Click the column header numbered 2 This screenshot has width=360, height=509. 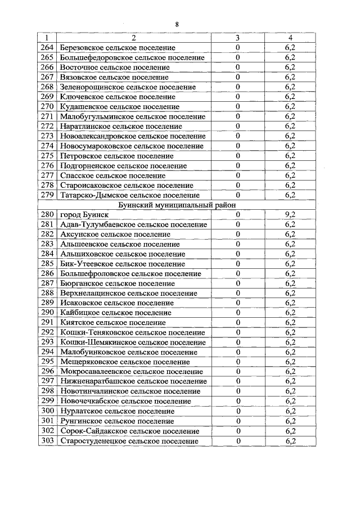click(133, 38)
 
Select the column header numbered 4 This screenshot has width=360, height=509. click(290, 38)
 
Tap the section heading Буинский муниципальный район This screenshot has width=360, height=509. click(166, 205)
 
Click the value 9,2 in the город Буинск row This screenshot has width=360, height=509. click(290, 215)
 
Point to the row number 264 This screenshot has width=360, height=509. click(47, 48)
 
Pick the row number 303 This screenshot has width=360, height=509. click(47, 441)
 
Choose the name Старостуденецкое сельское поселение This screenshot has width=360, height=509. click(129, 441)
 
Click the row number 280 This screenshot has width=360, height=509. click(47, 215)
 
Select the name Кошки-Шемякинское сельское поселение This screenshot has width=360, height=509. click(132, 343)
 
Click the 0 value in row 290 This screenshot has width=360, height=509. click(238, 313)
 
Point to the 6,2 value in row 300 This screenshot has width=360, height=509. click(290, 411)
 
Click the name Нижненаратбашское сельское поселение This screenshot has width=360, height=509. click(133, 381)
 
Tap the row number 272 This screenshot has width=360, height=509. click(47, 127)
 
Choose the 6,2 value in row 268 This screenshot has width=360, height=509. click(290, 87)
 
